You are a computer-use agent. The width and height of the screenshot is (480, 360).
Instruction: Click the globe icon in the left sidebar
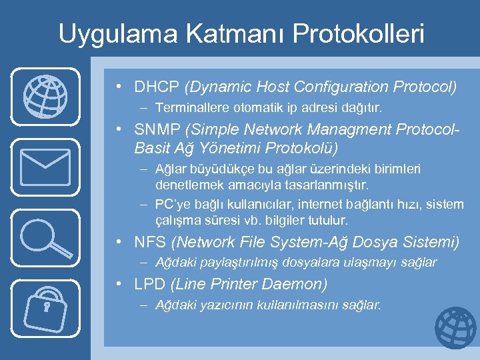tap(45, 96)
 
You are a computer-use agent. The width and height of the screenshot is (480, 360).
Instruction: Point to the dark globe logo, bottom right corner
tap(455, 328)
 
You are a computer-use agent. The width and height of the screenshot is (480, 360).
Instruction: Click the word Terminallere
tap(188, 107)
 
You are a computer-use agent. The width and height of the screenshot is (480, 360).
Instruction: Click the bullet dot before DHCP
tap(119, 87)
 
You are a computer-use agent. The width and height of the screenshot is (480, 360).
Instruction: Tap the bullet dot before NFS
tap(119, 242)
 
